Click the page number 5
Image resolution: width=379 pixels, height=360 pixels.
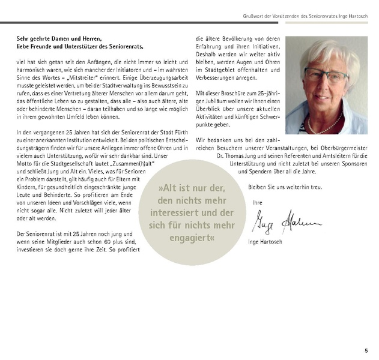click(x=366, y=350)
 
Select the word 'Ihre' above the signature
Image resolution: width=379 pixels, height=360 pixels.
click(x=257, y=202)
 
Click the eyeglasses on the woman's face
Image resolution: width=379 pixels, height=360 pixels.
click(x=326, y=76)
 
